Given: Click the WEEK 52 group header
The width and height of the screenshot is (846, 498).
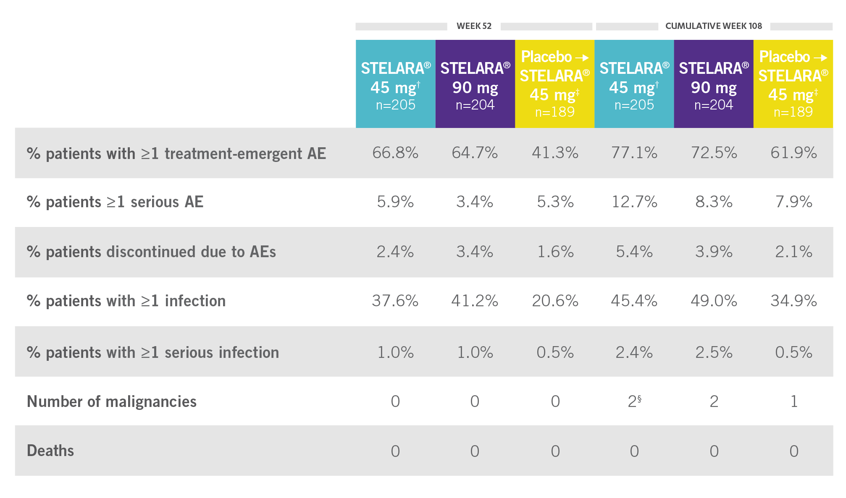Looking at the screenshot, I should pyautogui.click(x=474, y=26).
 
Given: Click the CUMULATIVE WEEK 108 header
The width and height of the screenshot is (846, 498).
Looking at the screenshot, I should pyautogui.click(x=713, y=26).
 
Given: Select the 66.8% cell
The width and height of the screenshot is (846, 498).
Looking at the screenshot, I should pyautogui.click(x=395, y=153).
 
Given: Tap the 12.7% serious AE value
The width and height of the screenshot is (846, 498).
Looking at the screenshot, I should pyautogui.click(x=634, y=202).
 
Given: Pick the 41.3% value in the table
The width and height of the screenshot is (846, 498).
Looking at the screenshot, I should pyautogui.click(x=555, y=153).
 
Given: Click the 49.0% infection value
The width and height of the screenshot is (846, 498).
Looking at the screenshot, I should pyautogui.click(x=714, y=301).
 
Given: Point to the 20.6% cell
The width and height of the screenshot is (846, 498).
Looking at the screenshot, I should pyautogui.click(x=555, y=301).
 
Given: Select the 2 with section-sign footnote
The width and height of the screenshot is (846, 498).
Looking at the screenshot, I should pyautogui.click(x=634, y=402).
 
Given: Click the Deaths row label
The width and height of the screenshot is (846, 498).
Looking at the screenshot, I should pyautogui.click(x=50, y=451).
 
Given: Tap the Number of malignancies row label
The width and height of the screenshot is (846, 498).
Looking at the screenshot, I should pyautogui.click(x=112, y=402).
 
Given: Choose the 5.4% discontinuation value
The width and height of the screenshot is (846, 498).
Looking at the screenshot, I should pyautogui.click(x=634, y=252).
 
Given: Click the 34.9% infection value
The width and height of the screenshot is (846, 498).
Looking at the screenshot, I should pyautogui.click(x=793, y=301).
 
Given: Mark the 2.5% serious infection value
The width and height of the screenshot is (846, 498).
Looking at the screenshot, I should pyautogui.click(x=714, y=352).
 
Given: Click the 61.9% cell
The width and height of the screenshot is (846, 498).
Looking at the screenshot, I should pyautogui.click(x=793, y=153).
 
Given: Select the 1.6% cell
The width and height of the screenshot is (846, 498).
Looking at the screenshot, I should pyautogui.click(x=555, y=252).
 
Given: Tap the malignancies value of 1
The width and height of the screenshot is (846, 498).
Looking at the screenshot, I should pyautogui.click(x=793, y=402).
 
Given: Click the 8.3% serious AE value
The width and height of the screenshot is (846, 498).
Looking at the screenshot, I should pyautogui.click(x=714, y=202).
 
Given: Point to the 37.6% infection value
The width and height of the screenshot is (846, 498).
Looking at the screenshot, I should pyautogui.click(x=395, y=301).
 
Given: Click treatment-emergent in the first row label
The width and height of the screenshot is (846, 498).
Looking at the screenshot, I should pyautogui.click(x=234, y=154).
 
